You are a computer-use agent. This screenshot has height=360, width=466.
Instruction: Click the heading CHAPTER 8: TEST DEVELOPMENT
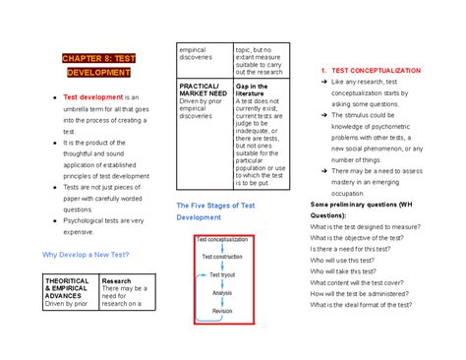(x=100, y=65)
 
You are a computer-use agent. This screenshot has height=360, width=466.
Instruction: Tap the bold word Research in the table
(x=117, y=279)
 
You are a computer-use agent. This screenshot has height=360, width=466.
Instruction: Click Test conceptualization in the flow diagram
(x=228, y=239)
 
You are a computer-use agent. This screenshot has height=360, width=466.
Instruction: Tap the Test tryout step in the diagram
(x=222, y=274)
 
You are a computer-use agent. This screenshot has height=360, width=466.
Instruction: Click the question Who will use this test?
(x=342, y=259)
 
